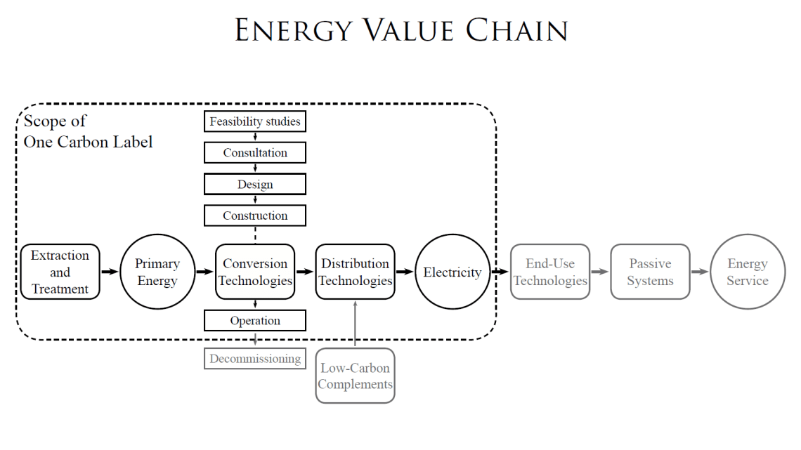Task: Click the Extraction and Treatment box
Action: [x=60, y=272]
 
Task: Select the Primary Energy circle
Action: [x=157, y=272]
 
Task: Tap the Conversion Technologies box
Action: [x=255, y=272]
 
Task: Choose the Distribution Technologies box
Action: [x=355, y=272]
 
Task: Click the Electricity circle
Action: [x=452, y=272]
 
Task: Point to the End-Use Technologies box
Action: [x=550, y=272]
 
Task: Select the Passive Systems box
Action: [x=650, y=272]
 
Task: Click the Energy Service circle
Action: [x=748, y=272]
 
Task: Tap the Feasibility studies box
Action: [x=255, y=121]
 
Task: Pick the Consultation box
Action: [x=255, y=152]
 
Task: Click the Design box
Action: [x=255, y=185]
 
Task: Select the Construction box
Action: [x=255, y=216]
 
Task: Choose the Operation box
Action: [x=255, y=321]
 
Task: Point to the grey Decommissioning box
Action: [x=255, y=359]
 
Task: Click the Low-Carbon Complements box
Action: [x=355, y=376]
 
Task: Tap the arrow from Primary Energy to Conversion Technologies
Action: [x=204, y=272]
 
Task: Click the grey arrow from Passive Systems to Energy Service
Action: [x=699, y=272]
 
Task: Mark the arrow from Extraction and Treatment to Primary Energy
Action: [x=109, y=272]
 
